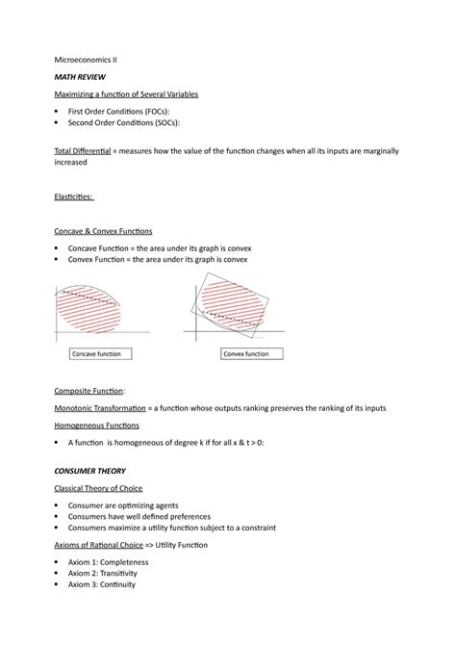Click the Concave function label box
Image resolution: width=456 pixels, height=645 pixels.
tap(100, 354)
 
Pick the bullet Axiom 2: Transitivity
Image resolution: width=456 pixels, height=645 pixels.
tap(104, 573)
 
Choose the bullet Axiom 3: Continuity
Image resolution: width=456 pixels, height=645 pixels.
tap(102, 584)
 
